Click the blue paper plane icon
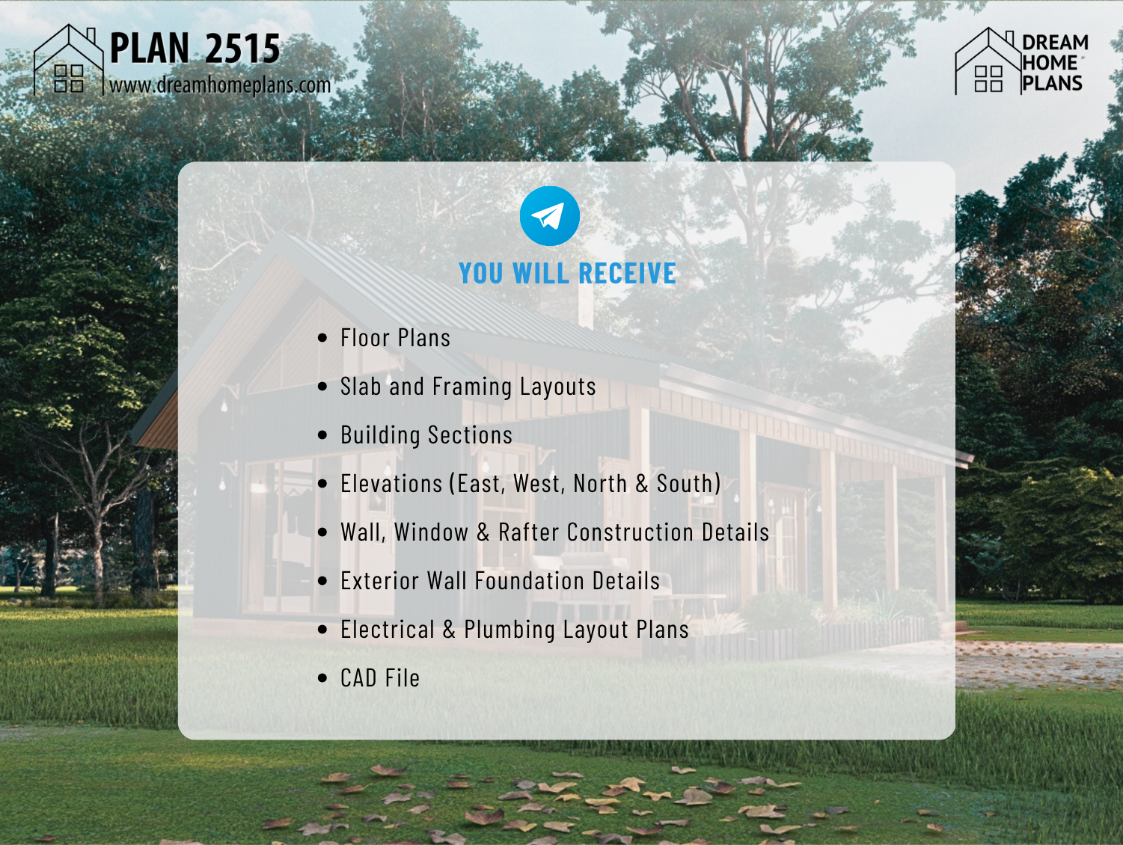click(549, 215)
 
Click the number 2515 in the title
click(242, 48)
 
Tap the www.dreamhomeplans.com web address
click(220, 84)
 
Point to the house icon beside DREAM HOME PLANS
click(988, 61)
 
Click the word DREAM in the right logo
click(1055, 43)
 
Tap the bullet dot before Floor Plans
click(322, 337)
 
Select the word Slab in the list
click(361, 386)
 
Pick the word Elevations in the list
click(391, 484)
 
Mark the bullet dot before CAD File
click(322, 678)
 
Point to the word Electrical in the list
click(388, 630)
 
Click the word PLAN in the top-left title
click(150, 48)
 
